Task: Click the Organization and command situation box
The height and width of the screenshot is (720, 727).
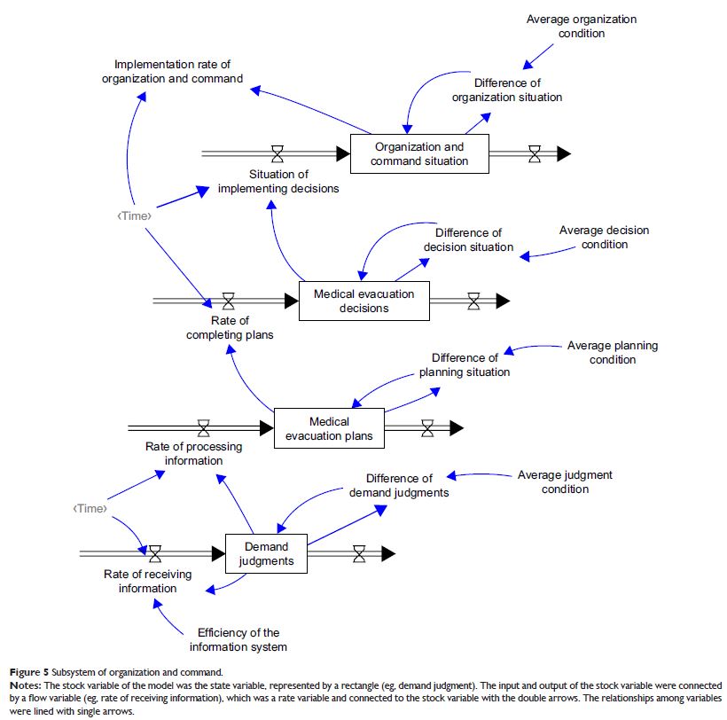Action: (x=419, y=153)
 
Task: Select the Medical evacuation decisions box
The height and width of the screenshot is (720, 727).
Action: (x=363, y=301)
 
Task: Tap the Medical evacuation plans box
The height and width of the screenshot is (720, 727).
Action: (x=329, y=428)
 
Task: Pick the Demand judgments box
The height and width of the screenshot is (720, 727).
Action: (x=266, y=553)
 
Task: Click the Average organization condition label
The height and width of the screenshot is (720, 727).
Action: (x=582, y=26)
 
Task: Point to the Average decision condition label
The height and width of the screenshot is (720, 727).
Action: (x=604, y=237)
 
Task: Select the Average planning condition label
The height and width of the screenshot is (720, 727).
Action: (x=613, y=352)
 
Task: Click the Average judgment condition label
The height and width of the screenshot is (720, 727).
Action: (x=565, y=481)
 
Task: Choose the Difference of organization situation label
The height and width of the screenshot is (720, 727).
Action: (x=507, y=90)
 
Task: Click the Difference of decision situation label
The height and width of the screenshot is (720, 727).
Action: (x=468, y=239)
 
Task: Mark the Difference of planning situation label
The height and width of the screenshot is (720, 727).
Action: (x=465, y=364)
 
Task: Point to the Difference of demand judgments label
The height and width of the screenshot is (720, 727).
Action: (x=399, y=485)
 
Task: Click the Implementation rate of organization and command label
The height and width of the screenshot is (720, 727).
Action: (x=178, y=71)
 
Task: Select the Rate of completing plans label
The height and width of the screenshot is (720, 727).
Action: (x=230, y=327)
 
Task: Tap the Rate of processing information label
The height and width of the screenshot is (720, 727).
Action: (x=193, y=453)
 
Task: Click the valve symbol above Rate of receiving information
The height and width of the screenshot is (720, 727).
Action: (x=156, y=554)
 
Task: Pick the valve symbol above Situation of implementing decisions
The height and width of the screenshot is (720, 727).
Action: (x=278, y=154)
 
